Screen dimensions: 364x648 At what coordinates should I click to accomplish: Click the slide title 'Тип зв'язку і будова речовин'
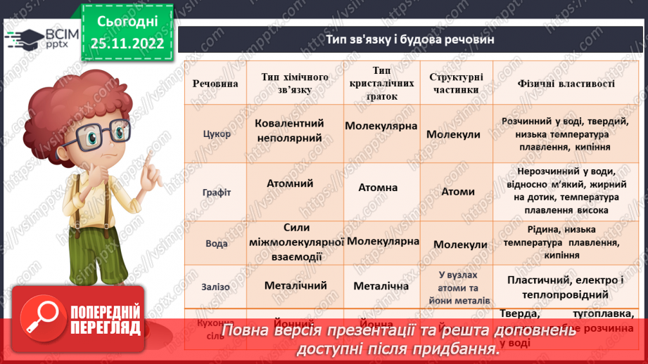tap(410, 39)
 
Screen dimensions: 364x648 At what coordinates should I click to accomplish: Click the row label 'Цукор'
tap(216, 134)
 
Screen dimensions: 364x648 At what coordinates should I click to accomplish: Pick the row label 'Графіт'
tap(216, 191)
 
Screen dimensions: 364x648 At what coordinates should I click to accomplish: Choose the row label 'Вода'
tap(216, 243)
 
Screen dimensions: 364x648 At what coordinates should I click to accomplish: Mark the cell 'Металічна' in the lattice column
tap(381, 286)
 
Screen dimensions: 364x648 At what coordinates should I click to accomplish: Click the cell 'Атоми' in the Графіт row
tap(458, 191)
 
